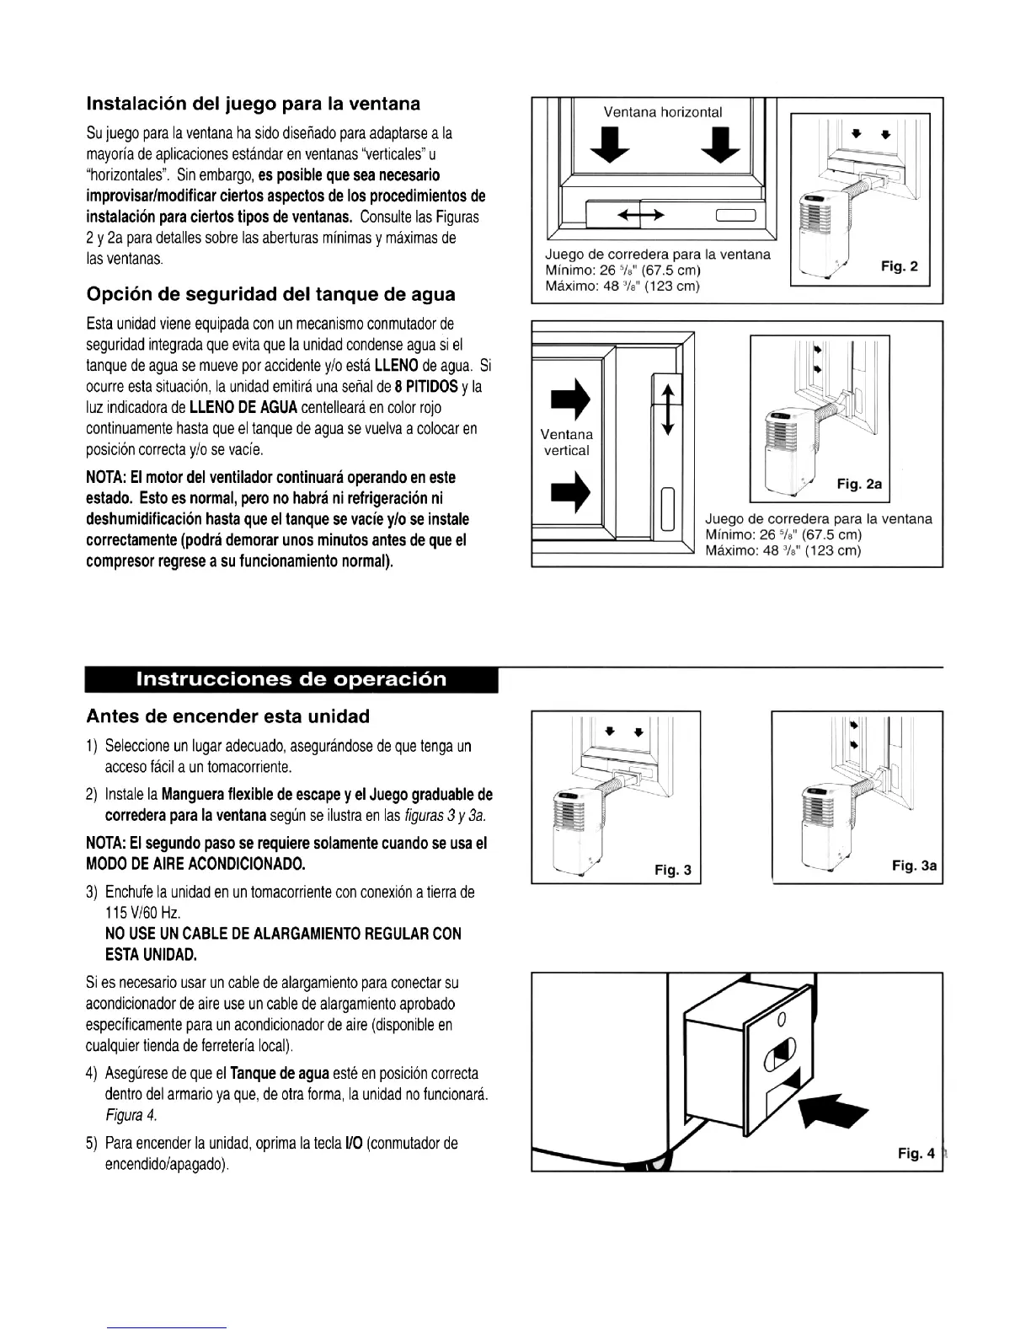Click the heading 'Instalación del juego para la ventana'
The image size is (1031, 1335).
point(254,105)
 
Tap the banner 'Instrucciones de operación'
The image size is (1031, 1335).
point(291,679)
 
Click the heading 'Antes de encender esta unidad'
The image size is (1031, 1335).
point(227,716)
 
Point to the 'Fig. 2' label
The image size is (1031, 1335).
point(900,267)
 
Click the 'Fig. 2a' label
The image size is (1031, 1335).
point(859,485)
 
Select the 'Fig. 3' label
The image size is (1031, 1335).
point(673,871)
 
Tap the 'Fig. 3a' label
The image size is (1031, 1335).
point(915,866)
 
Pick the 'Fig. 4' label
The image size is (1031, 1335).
point(916,1154)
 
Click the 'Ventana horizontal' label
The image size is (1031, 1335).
point(663,112)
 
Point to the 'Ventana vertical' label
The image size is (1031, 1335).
point(566,442)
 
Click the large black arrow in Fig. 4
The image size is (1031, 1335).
point(834,1107)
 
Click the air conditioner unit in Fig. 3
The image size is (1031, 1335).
point(574,834)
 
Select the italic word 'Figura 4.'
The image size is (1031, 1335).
point(131,1116)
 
